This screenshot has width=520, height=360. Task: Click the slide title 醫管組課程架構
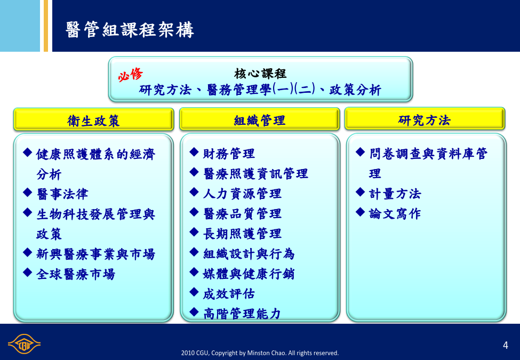coord(130,30)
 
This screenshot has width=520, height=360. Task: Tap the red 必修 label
coord(130,75)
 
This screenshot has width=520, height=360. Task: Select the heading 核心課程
coord(260,73)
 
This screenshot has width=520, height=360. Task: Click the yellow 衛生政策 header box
coord(93,119)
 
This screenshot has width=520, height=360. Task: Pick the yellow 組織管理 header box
coord(260,119)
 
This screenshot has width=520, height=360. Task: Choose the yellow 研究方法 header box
coord(425,119)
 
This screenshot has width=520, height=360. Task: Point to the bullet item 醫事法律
coord(62,194)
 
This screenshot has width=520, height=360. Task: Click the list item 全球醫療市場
coord(76,274)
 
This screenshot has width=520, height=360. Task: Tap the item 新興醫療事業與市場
coord(96,254)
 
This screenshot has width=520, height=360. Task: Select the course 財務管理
coord(229,154)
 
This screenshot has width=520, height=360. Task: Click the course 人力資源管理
coord(243,194)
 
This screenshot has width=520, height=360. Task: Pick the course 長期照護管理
coord(243,234)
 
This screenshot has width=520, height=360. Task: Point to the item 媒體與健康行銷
coord(249,274)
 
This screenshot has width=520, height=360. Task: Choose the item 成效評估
coord(229,294)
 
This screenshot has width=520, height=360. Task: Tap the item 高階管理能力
coord(242,314)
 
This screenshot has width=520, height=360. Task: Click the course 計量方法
coord(395,194)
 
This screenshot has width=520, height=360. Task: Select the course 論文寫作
coord(395,214)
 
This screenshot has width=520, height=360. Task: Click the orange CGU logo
coord(24,344)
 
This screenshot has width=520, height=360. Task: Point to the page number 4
coord(506,346)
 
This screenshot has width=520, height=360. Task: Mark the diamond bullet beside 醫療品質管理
coord(194,212)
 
